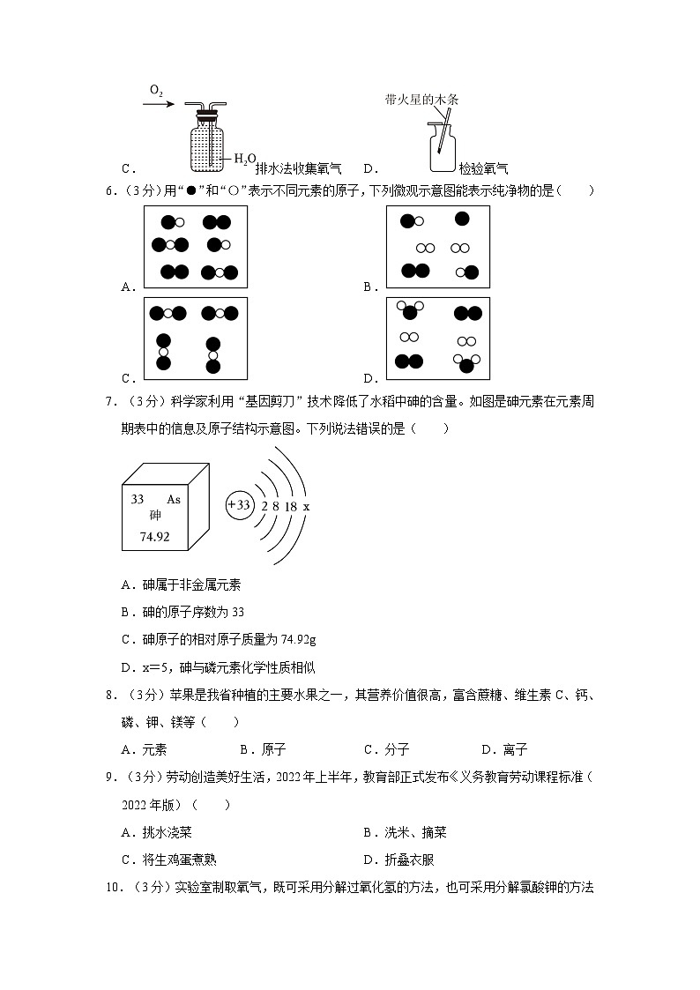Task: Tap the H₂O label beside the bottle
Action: (244, 159)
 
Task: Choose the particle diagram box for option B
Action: (438, 248)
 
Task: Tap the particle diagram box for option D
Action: (438, 339)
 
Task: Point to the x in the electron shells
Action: (306, 507)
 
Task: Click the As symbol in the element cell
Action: (174, 499)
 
